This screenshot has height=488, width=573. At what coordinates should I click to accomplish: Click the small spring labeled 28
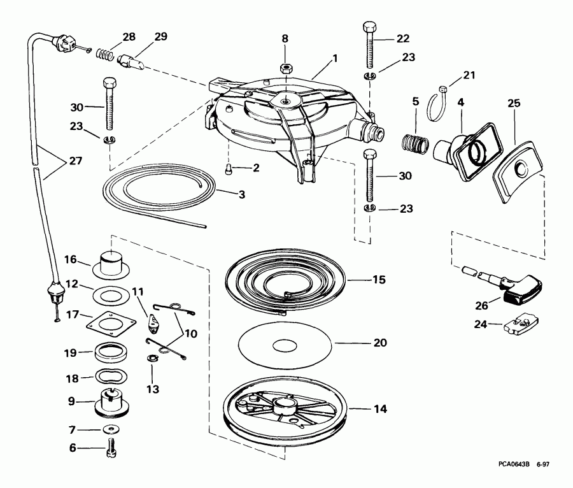click(106, 55)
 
